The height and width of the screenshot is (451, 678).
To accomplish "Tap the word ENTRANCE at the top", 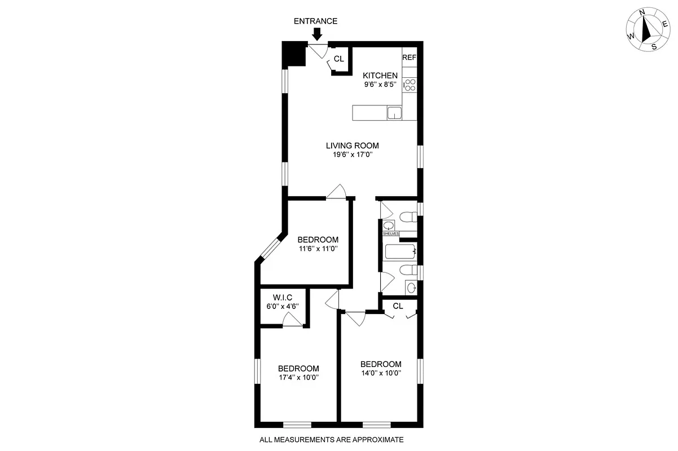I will coord(316,21).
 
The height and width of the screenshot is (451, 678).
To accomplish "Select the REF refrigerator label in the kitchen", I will coord(409,58).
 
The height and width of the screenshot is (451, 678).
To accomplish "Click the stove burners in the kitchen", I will coord(410,85).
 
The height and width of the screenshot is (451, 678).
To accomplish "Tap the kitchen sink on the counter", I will coord(394,113).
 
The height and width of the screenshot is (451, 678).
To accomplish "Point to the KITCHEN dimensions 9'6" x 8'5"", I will coord(380,85).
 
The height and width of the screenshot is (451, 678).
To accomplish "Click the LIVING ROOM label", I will coord(352,145).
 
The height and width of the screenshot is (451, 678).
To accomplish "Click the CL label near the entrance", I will coord(338,59).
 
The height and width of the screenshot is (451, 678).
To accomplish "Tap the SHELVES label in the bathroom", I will coord(391,233).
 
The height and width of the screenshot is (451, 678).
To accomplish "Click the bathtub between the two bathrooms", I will coord(399,252).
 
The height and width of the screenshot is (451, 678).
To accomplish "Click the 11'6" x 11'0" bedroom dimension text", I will coord(318,248).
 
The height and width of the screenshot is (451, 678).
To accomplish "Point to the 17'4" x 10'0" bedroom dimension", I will coord(298,378).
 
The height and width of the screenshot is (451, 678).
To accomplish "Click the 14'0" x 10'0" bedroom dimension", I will coord(381,373).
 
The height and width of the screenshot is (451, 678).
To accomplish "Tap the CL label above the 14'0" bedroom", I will coord(398,306).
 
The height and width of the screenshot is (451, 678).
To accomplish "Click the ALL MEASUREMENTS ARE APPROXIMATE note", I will coord(332,440).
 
